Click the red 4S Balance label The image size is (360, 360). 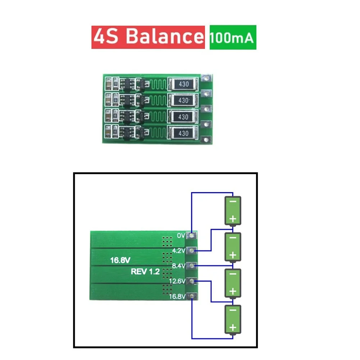click(x=148, y=37)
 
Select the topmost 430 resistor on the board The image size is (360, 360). click(x=183, y=84)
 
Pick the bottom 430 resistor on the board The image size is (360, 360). click(x=183, y=133)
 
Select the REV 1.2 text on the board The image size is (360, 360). click(x=145, y=272)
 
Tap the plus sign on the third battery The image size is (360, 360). click(x=233, y=291)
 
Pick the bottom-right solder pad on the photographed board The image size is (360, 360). click(x=205, y=140)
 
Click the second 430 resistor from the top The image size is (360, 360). click(x=183, y=101)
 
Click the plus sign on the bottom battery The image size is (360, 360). click(x=233, y=327)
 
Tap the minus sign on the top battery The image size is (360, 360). click(x=233, y=202)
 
